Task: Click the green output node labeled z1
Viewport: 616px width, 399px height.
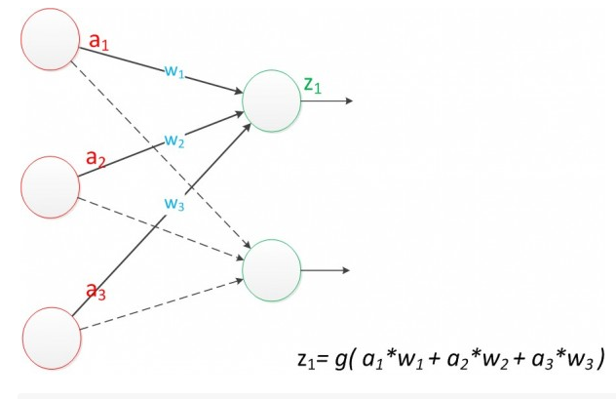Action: (271, 100)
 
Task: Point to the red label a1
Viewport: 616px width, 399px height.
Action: (98, 42)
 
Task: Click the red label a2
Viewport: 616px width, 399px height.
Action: (96, 157)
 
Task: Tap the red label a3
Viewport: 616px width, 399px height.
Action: (96, 290)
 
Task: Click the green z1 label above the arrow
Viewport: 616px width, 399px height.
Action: (313, 84)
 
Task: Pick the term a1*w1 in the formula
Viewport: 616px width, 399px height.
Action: (417, 352)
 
